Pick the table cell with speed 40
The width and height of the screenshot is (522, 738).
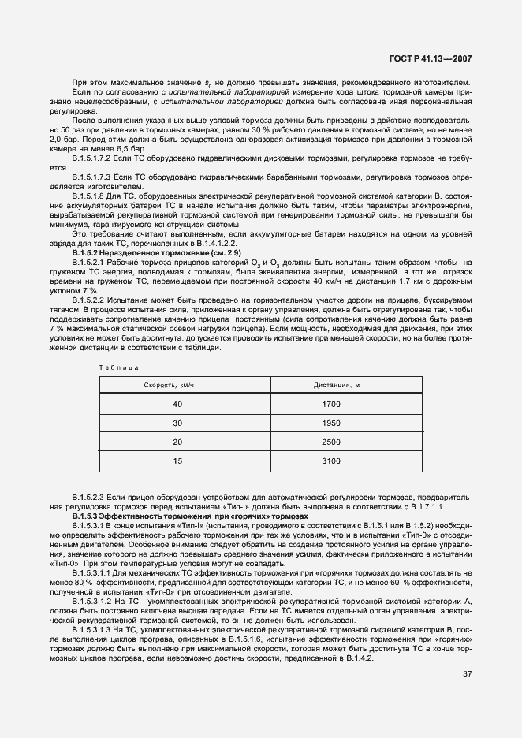pos(177,404)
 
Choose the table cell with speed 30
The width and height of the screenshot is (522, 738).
pos(177,423)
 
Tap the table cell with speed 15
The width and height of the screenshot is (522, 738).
pos(177,460)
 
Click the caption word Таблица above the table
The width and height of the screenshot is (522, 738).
pos(119,368)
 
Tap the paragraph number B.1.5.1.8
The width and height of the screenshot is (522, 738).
pos(88,194)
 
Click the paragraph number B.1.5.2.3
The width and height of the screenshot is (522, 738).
pos(88,498)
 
